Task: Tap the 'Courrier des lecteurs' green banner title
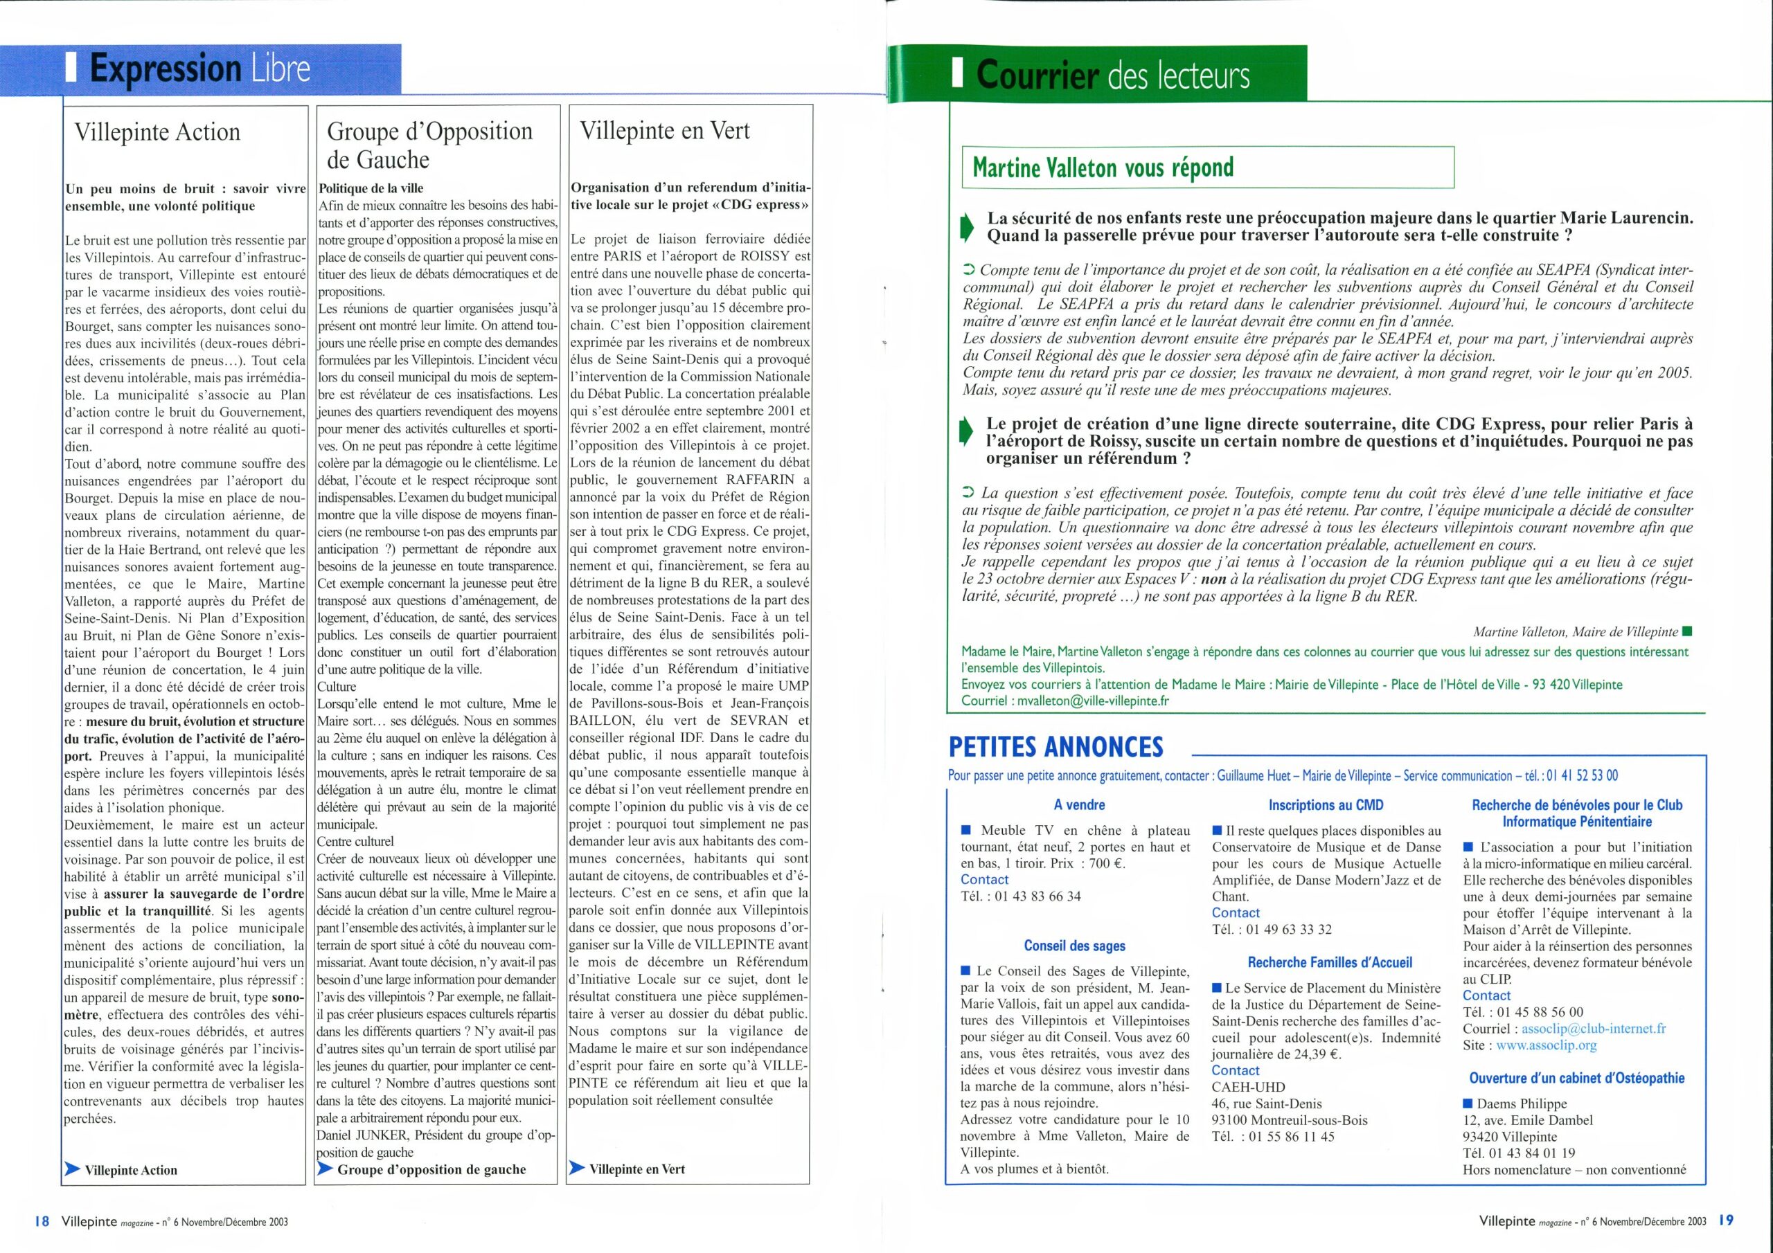click(x=1112, y=75)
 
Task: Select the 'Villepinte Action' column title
click(x=157, y=132)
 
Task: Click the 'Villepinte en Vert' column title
click(x=665, y=130)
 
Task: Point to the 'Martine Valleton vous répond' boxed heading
click(x=1103, y=167)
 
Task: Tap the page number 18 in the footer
click(x=42, y=1220)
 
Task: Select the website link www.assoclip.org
click(x=1546, y=1045)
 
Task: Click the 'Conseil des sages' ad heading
click(x=1074, y=946)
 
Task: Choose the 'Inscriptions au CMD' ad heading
click(x=1326, y=804)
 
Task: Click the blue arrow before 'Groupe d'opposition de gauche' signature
click(x=325, y=1169)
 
